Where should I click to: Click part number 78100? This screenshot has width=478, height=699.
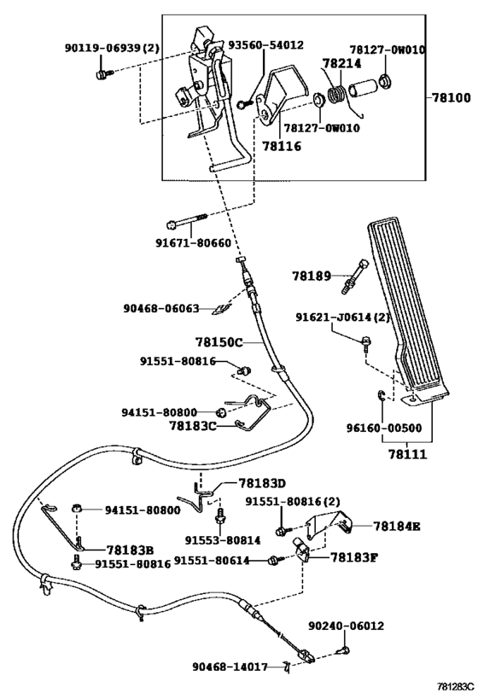[451, 97]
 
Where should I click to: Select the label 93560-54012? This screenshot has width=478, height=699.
[266, 45]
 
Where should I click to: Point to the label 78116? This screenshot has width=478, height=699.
[282, 146]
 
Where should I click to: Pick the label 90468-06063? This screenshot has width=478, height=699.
[161, 308]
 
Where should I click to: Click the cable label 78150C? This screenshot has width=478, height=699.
[219, 342]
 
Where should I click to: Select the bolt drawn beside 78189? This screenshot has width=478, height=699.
[356, 276]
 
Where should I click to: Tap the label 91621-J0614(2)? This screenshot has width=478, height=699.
[342, 317]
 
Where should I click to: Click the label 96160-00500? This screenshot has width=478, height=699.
[384, 428]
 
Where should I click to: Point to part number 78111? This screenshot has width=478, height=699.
[407, 454]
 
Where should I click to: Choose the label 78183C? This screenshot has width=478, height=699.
[193, 426]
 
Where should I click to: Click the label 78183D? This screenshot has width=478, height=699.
[262, 483]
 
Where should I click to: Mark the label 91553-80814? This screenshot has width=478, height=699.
[223, 540]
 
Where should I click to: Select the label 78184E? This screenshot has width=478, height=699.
[397, 527]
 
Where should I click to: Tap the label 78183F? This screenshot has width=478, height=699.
[354, 556]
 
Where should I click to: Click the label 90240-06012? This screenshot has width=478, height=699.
[346, 626]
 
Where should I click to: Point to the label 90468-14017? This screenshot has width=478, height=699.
[230, 667]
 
